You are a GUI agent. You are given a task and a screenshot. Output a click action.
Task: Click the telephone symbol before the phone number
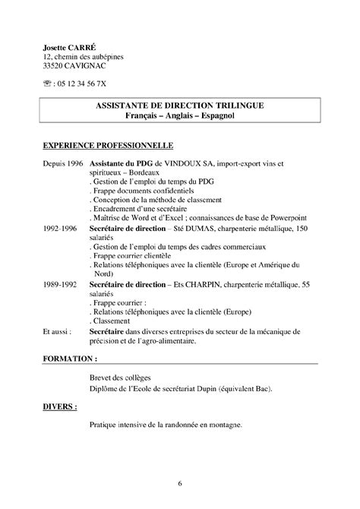point(48,84)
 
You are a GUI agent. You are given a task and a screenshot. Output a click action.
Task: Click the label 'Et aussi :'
point(58,331)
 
